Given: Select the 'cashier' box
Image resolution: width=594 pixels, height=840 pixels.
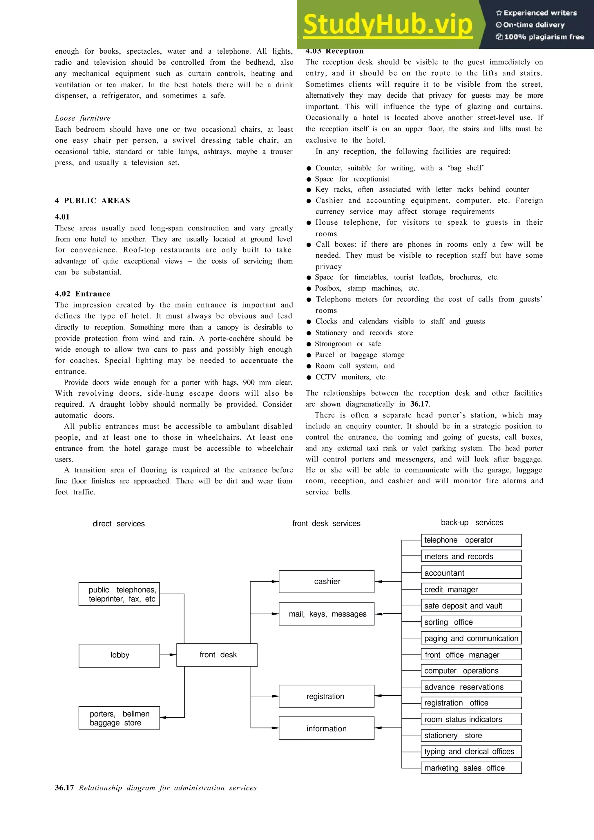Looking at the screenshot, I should pyautogui.click(x=327, y=581).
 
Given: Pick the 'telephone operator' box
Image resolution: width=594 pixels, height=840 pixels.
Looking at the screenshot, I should pyautogui.click(x=471, y=540).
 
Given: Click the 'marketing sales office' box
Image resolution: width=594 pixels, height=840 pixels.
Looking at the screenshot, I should pyautogui.click(x=471, y=768).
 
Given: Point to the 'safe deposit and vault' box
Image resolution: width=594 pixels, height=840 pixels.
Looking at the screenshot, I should pyautogui.click(x=471, y=606).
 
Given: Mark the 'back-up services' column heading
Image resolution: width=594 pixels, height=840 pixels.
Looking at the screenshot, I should pyautogui.click(x=472, y=522).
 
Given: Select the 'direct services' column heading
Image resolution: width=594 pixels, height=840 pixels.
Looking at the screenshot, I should pyautogui.click(x=119, y=523).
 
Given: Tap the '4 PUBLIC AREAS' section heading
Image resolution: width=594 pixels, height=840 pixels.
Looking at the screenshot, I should pyautogui.click(x=93, y=201).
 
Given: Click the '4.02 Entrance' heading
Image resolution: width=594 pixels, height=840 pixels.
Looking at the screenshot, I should pyautogui.click(x=82, y=294).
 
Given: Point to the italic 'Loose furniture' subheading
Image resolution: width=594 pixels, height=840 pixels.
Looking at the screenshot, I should pyautogui.click(x=83, y=118).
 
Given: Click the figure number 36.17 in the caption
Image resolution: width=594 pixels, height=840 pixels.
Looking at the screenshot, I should pyautogui.click(x=64, y=788).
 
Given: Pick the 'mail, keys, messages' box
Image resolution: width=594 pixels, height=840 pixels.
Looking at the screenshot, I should pyautogui.click(x=327, y=614).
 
